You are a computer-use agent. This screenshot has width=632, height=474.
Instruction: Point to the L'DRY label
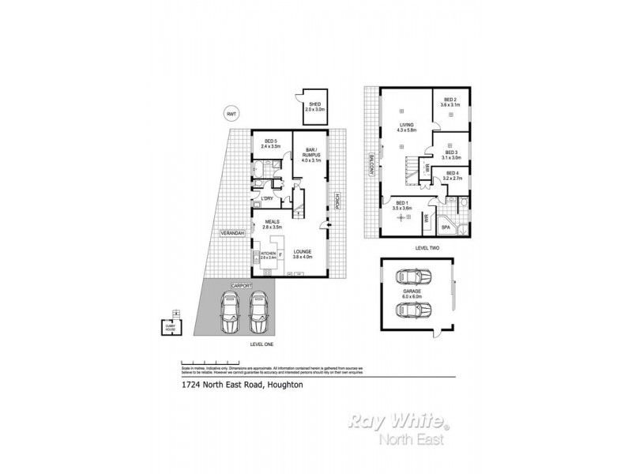point(268,197)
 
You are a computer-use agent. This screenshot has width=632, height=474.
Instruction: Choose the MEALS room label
point(273,223)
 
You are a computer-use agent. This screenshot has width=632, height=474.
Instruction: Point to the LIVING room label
point(407,126)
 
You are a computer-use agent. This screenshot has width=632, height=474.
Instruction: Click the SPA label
point(445,227)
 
